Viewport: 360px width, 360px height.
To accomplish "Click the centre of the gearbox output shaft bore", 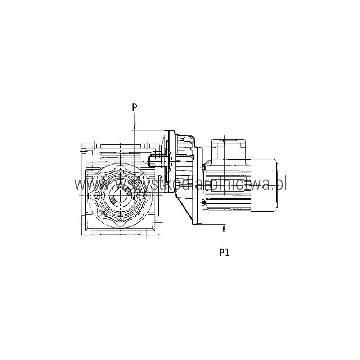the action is pos(120,195).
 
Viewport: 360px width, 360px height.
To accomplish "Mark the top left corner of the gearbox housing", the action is pos(82,144).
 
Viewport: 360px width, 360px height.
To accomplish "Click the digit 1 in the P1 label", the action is pos(227,253).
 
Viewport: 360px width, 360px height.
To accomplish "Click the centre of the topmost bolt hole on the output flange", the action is pos(120,171).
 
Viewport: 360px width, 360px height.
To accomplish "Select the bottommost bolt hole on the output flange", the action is pos(120,220).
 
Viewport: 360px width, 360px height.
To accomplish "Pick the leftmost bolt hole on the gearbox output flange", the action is pos(95,195).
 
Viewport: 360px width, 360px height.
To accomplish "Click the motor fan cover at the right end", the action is pos(264,185).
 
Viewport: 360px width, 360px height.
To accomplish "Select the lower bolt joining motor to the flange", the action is pos(203,202).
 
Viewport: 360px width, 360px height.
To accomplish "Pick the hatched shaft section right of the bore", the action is pos(130,195).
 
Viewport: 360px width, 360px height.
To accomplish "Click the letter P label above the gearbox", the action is pos(135,107).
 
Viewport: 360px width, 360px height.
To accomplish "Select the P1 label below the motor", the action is pos(224,253).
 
